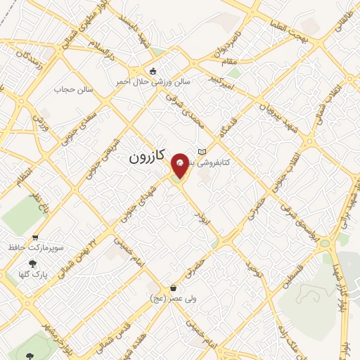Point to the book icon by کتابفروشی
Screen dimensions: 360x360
point(202,151)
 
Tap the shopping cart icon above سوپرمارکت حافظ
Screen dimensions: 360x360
point(35,237)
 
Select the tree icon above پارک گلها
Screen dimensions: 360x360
point(32,263)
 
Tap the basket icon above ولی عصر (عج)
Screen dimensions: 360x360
point(173,288)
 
